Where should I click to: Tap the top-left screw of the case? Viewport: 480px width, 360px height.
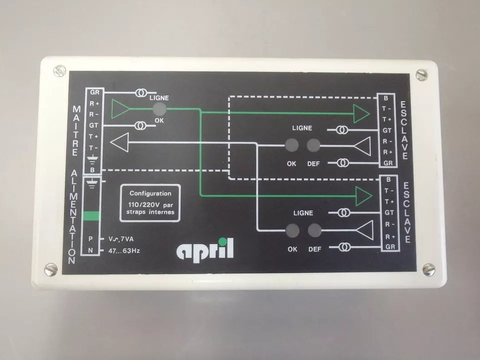(59, 70)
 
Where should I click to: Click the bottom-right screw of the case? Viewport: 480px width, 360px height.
(428, 269)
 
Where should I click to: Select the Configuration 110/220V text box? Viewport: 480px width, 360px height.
(150, 202)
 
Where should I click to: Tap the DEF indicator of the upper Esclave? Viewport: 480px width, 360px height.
(313, 145)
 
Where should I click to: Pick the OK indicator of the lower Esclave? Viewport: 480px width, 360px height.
(292, 230)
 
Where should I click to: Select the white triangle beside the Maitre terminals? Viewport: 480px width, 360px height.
(118, 143)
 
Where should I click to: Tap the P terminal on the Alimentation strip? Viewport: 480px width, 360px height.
(91, 239)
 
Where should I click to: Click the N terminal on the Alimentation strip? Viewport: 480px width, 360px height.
(91, 249)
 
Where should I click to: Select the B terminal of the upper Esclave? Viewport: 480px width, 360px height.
(386, 98)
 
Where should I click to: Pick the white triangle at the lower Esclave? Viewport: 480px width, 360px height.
(364, 230)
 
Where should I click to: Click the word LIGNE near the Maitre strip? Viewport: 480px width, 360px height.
(159, 98)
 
